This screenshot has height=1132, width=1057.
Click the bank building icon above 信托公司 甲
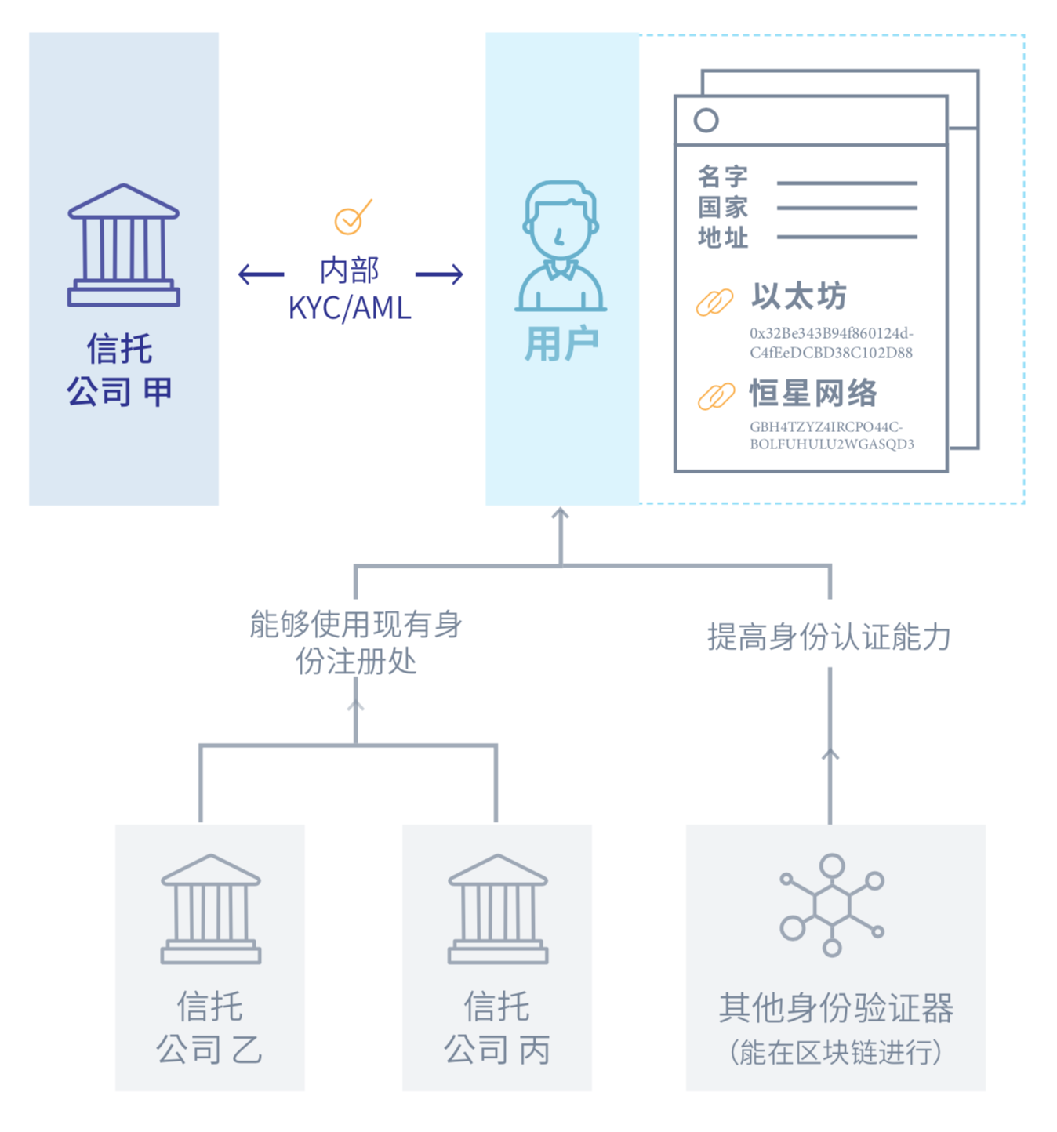point(124,245)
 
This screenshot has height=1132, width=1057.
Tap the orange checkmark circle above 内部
point(350,219)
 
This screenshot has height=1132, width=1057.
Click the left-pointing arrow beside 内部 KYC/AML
point(261,274)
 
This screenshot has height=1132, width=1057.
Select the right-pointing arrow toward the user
point(439,274)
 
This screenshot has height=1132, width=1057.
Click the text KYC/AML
point(350,308)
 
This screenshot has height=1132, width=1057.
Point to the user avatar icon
point(561,246)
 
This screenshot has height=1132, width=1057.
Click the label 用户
point(561,344)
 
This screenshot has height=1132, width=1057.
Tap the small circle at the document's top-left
point(706,120)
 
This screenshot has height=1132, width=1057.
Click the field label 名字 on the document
point(723,177)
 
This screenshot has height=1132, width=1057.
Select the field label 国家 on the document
point(723,208)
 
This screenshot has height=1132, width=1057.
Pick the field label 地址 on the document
point(723,237)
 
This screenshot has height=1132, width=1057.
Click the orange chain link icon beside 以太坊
point(714,302)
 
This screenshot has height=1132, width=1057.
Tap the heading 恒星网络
point(813,393)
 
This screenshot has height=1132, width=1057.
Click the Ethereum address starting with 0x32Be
point(831,343)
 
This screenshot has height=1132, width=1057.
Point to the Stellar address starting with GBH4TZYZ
point(831,436)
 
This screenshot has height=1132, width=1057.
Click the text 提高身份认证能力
point(829,637)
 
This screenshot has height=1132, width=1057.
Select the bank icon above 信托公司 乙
point(210,909)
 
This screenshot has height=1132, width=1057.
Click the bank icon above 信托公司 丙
point(497,909)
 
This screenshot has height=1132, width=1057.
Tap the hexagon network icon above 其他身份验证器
point(832,905)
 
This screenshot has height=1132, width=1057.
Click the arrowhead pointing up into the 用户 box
point(560,514)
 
